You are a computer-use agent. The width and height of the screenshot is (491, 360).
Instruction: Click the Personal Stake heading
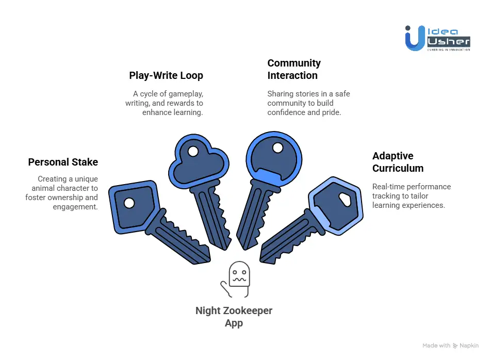pyautogui.click(x=63, y=162)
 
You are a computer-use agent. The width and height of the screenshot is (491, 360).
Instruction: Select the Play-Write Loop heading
pyautogui.click(x=166, y=75)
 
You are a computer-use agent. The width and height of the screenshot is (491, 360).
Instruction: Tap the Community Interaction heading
pyautogui.click(x=294, y=69)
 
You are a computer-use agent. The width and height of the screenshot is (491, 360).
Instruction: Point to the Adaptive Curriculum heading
pyautogui.click(x=398, y=162)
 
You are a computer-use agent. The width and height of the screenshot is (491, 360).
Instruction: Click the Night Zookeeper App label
pyautogui.click(x=234, y=317)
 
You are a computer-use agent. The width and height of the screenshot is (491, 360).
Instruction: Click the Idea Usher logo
pyautogui.click(x=437, y=38)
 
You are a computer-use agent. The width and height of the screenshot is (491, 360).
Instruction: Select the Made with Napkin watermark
pyautogui.click(x=450, y=346)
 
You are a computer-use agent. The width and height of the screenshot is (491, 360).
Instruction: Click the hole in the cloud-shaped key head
pyautogui.click(x=193, y=152)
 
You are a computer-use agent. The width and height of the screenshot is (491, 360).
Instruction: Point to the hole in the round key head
pyautogui.click(x=278, y=148)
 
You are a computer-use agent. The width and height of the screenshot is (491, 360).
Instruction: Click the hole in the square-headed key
pyautogui.click(x=129, y=203)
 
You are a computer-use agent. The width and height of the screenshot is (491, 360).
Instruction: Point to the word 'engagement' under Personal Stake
pyautogui.click(x=75, y=207)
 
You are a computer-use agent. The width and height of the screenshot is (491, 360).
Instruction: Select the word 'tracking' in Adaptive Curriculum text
pyautogui.click(x=385, y=196)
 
